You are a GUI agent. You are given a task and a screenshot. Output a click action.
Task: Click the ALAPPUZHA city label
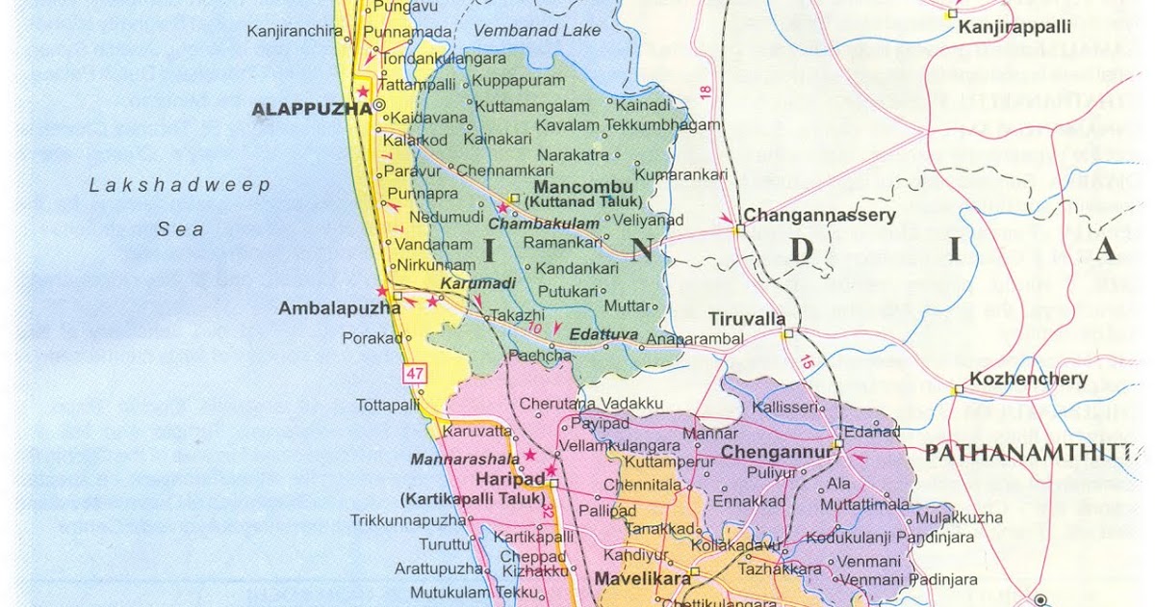pyautogui.click(x=311, y=110)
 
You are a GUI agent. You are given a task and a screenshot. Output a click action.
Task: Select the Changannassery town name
pyautogui.click(x=819, y=216)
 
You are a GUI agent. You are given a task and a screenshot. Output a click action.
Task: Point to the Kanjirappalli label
pyautogui.click(x=1014, y=29)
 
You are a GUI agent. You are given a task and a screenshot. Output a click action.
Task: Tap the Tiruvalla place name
pyautogui.click(x=747, y=319)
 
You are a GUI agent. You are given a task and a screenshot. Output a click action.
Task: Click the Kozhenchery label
pyautogui.click(x=1027, y=379)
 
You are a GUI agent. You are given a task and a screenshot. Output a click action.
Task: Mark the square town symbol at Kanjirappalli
pyautogui.click(x=951, y=13)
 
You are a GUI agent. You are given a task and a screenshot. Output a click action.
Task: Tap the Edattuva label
pyautogui.click(x=603, y=334)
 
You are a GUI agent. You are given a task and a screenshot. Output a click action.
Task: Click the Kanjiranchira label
pyautogui.click(x=295, y=31)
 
